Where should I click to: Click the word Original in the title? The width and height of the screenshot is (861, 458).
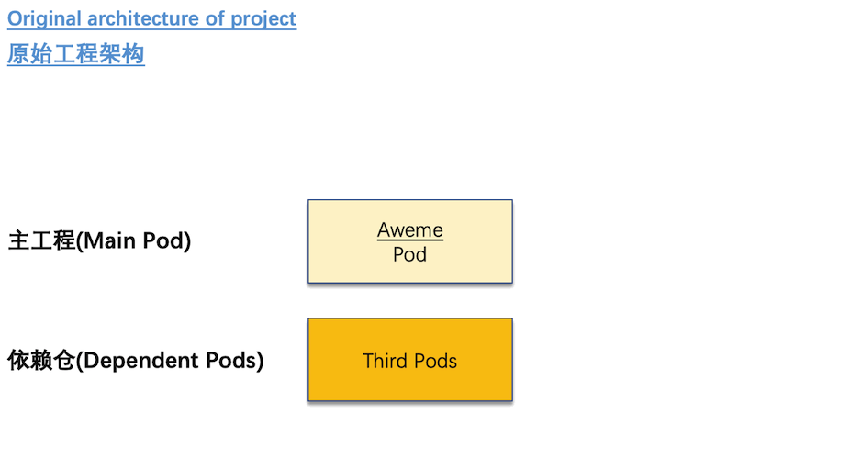44,19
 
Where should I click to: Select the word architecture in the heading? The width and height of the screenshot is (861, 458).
143,18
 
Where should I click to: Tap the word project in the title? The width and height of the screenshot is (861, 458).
263,19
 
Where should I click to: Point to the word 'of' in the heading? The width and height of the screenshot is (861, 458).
215,18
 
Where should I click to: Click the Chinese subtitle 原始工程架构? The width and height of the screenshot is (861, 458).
76,54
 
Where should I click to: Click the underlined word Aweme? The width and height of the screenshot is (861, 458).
410,230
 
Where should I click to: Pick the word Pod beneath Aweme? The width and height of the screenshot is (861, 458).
409,254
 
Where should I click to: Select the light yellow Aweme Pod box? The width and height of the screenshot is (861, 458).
410,241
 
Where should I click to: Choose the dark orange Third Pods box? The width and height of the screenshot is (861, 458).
410,360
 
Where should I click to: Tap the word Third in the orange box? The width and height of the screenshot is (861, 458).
386,361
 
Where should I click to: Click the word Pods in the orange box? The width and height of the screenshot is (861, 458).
435,361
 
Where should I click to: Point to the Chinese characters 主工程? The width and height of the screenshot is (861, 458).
41,240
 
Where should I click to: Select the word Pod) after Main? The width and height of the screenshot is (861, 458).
166,241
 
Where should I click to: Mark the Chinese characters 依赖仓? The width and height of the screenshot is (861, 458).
40,360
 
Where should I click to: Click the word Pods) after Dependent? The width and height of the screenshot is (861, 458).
234,361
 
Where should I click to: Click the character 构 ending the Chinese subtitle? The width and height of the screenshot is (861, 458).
133,54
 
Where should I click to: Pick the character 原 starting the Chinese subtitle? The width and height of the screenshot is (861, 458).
18,54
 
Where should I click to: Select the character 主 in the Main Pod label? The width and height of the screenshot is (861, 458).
18,240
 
